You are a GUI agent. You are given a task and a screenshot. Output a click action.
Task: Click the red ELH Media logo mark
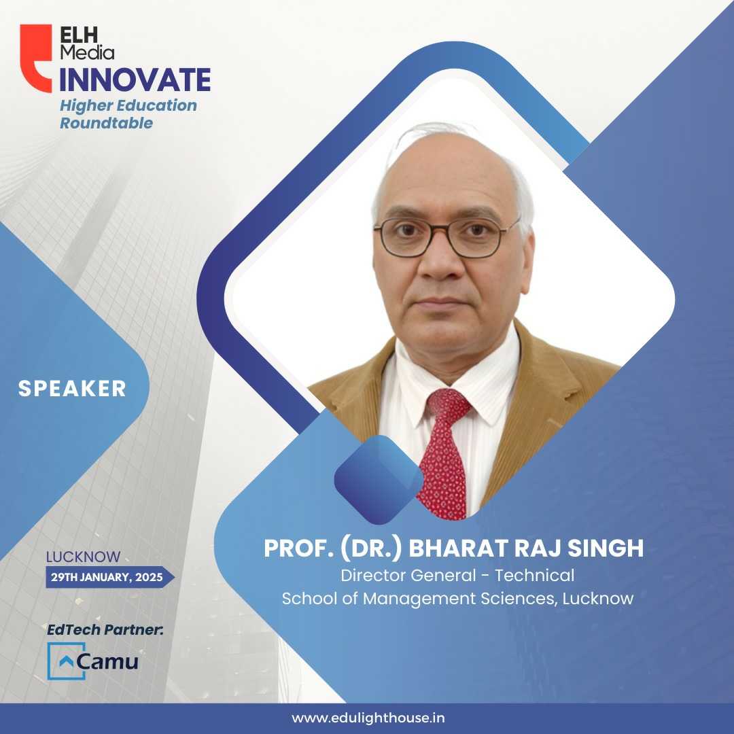click(35, 58)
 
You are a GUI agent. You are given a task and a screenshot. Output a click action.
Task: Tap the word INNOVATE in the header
click(135, 80)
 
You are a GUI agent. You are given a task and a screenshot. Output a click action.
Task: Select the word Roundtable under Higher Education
click(106, 123)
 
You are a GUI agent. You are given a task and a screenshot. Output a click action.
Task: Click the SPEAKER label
click(72, 389)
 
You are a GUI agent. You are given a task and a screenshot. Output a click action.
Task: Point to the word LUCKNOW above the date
click(84, 557)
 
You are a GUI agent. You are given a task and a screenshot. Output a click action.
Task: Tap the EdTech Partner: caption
click(105, 629)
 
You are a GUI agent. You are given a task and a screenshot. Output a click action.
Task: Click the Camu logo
click(93, 661)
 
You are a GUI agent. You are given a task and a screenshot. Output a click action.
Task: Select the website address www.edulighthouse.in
click(368, 718)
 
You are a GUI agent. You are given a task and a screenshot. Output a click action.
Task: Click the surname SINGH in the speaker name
click(606, 548)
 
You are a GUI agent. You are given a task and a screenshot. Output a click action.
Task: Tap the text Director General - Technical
click(457, 576)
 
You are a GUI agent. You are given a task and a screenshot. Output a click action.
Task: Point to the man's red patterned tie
click(444, 454)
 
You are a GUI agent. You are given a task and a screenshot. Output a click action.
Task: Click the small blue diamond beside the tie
click(379, 479)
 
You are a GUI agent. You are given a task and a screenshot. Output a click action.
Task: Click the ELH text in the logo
click(79, 35)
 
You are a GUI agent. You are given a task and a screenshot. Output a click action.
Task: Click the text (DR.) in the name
click(371, 548)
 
